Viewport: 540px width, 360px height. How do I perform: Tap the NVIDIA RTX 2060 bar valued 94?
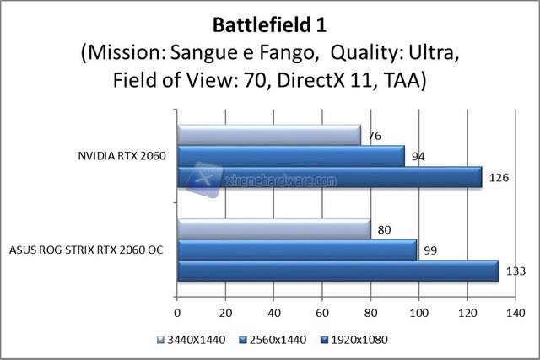point(290,156)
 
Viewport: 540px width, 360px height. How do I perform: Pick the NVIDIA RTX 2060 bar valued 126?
point(329,176)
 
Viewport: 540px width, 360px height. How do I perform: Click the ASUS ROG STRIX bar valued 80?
point(273,229)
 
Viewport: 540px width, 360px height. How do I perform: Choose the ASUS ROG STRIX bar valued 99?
point(296,250)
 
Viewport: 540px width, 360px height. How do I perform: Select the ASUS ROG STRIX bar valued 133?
point(337,271)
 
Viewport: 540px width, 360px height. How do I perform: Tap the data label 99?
point(430,250)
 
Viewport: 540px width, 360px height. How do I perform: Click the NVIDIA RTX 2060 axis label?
point(121,156)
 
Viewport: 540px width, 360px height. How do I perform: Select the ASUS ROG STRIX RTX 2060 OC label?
point(87,250)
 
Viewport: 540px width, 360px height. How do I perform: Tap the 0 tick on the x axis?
point(177,313)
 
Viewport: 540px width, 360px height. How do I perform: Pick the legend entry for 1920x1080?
point(358,340)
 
